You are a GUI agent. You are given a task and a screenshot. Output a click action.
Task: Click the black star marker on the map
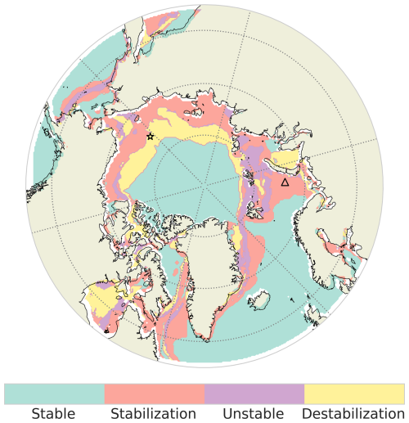pos(151,137)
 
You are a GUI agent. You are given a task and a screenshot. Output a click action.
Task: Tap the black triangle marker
pos(285,182)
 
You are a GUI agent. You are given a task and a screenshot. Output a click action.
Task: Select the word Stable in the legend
pos(54,413)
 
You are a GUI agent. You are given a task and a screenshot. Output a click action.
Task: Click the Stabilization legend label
pos(154,413)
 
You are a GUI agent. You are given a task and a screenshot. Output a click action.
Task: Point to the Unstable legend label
pos(254,413)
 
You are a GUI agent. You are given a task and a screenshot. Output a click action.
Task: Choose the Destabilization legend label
pos(353,413)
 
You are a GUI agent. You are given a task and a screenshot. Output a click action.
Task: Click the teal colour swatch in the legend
pos(54,393)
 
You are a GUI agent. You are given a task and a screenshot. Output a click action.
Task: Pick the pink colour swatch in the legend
pos(154,393)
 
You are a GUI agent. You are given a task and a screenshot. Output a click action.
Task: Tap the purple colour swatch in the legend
pos(254,393)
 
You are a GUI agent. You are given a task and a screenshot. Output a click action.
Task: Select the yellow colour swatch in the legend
pos(353,393)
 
